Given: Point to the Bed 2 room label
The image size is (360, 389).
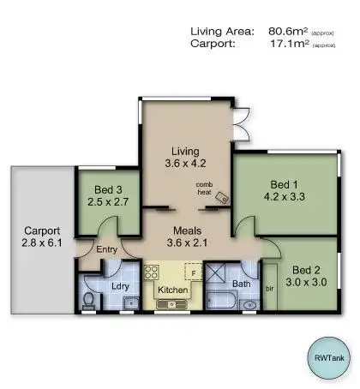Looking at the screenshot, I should pos(306,267).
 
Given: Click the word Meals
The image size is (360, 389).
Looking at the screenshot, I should pos(187,230).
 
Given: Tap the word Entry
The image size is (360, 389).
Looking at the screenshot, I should pos(107,249).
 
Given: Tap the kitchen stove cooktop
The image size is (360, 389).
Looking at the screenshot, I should pos(153,275).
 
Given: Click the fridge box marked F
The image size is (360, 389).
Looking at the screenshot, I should pos(194,275).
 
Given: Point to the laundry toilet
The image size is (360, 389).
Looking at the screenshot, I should pos(90,299).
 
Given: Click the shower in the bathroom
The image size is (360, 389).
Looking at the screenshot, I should pos(221,275).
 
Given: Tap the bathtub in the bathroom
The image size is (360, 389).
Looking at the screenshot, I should pos(220,301).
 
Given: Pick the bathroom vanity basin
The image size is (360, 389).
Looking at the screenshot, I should pos(249,303).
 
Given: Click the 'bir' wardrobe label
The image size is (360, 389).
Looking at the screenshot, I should pos(270,289).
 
